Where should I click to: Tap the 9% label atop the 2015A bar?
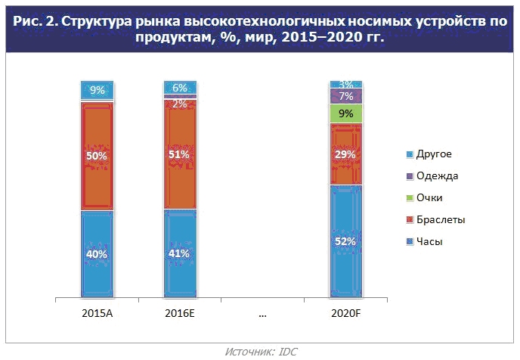[x=97, y=91]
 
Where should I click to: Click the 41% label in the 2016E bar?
[x=180, y=254]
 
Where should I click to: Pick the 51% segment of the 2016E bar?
[x=180, y=155]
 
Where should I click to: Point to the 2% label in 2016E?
[x=180, y=104]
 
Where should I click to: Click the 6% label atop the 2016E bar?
[x=180, y=88]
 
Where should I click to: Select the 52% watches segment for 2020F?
[x=346, y=241]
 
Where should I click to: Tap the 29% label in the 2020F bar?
[x=346, y=154]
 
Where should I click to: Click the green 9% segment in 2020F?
[x=346, y=114]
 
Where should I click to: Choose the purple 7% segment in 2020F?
[x=346, y=96]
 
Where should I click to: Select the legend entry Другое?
[x=429, y=154]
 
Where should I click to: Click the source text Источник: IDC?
[x=259, y=351]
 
